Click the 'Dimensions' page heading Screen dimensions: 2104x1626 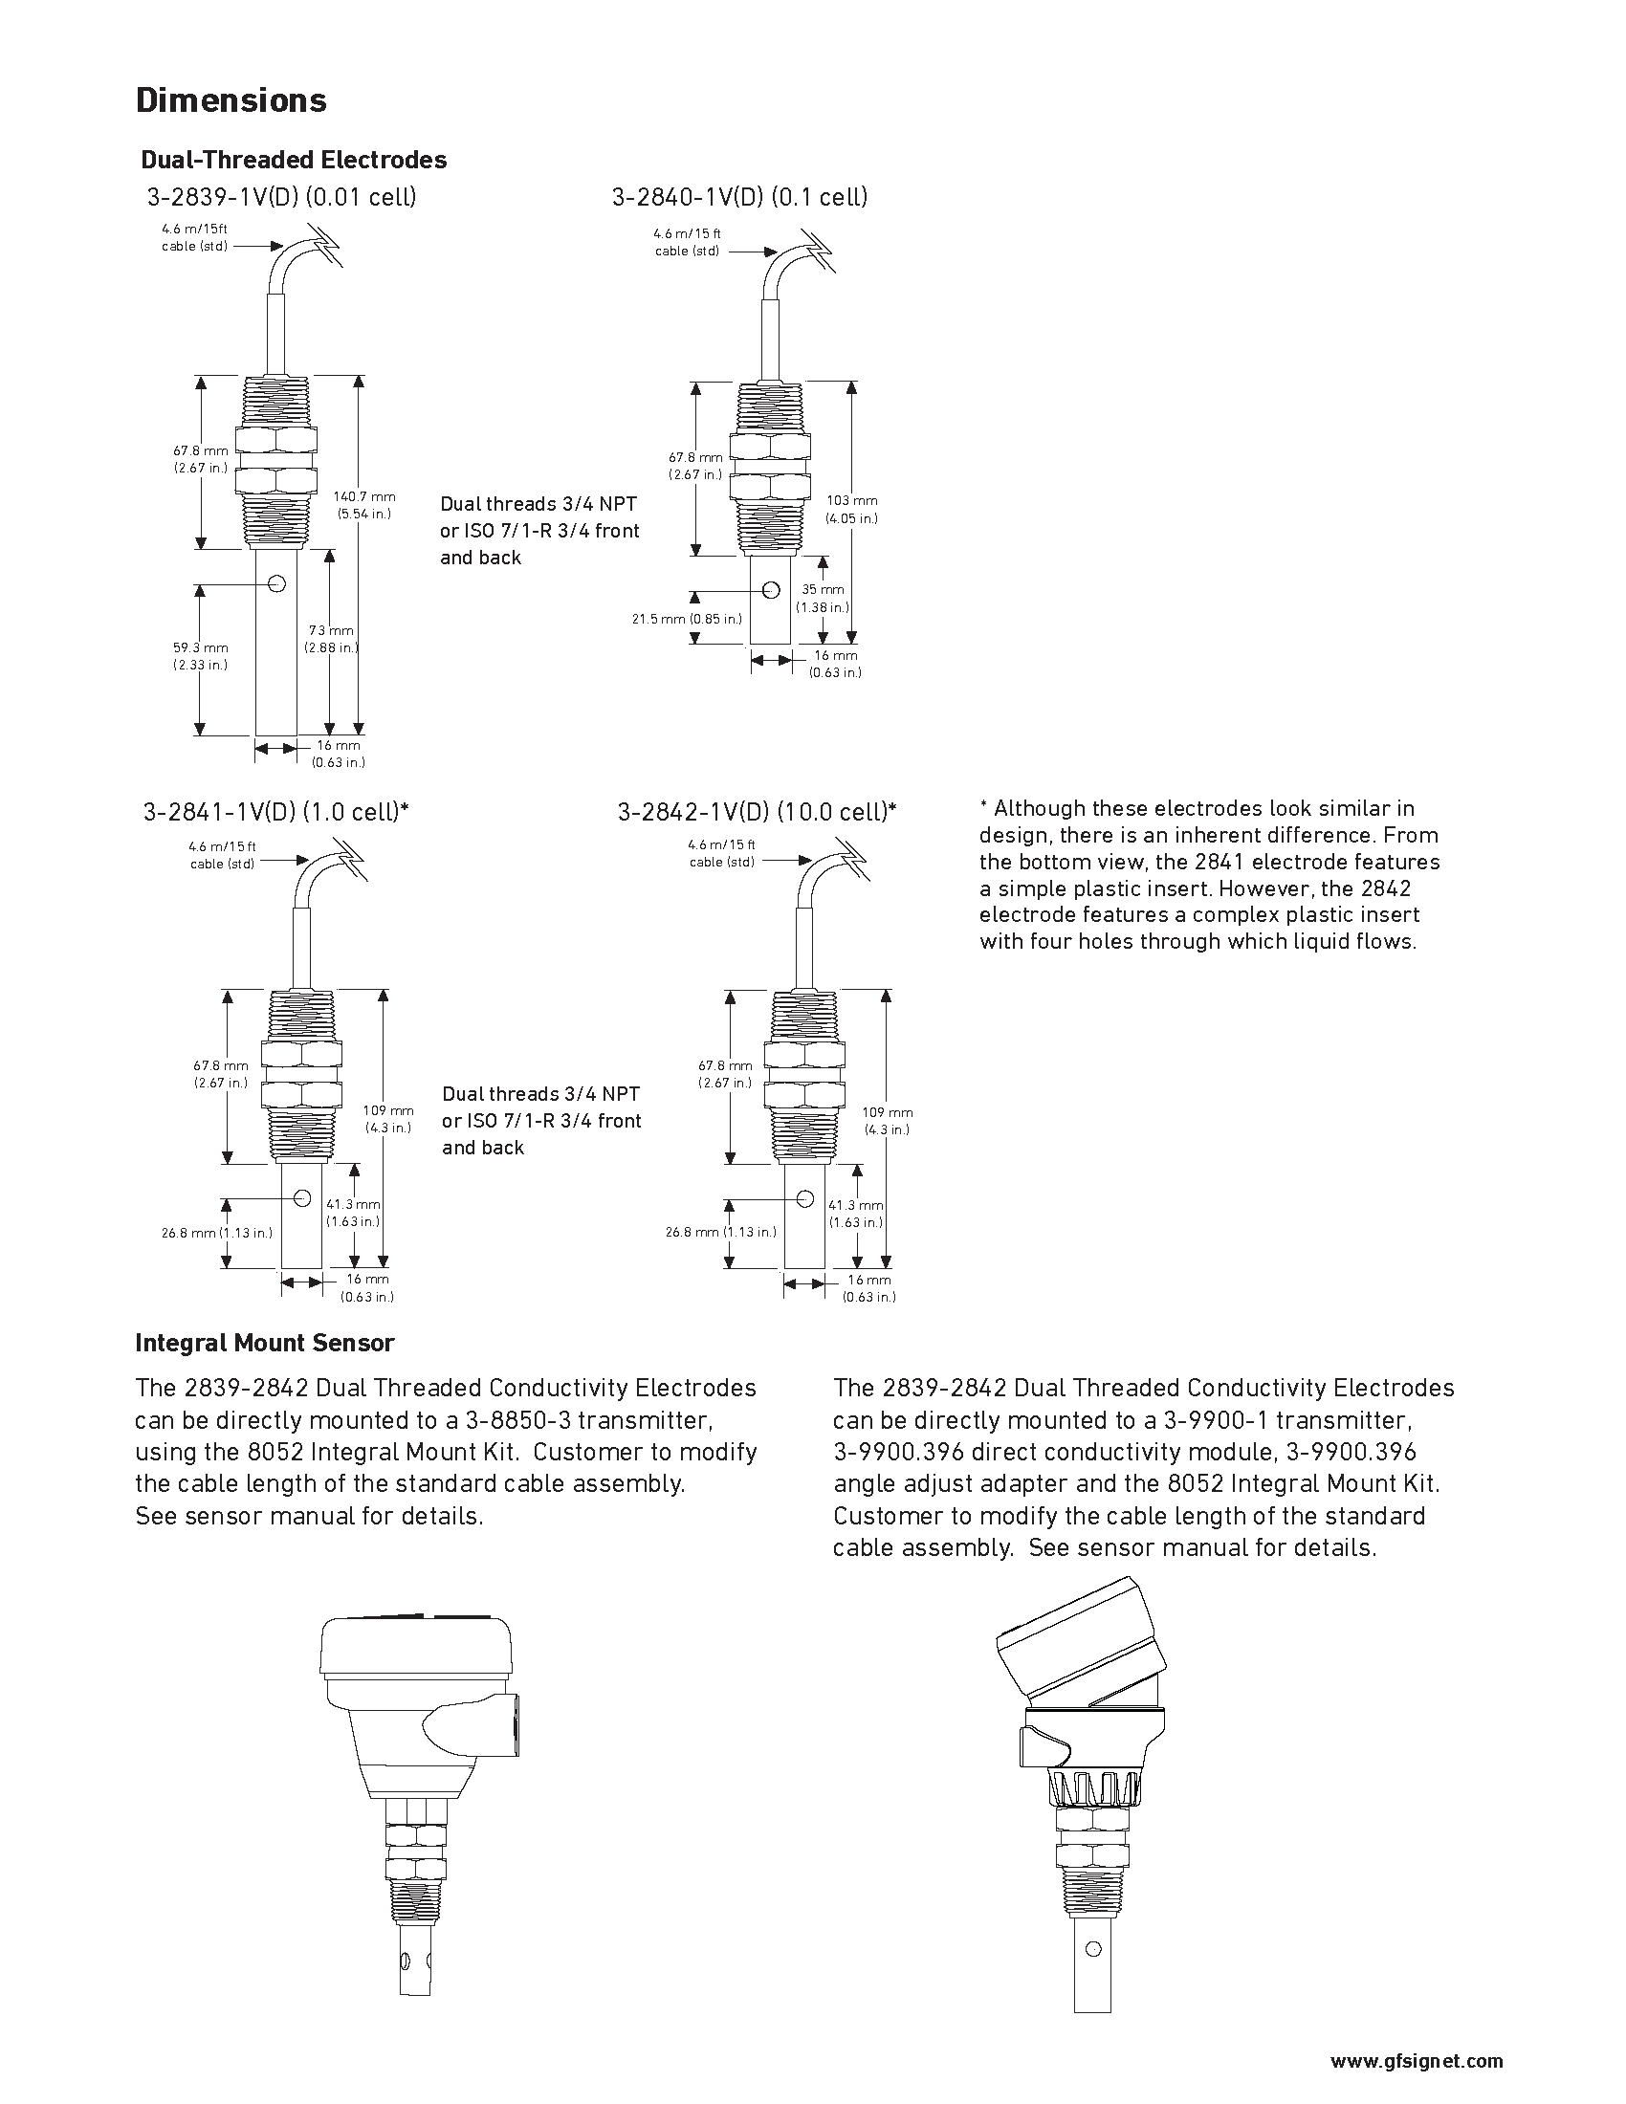tap(231, 100)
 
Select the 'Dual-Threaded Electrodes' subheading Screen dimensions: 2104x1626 tap(294, 160)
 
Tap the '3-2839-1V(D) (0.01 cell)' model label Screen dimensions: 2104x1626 tap(281, 198)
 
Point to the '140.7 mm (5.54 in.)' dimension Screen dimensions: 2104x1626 tap(364, 505)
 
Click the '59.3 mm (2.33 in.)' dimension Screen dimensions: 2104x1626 tap(200, 656)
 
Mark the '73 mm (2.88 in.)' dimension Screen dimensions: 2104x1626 tap(331, 639)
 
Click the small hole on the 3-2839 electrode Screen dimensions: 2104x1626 tap(277, 582)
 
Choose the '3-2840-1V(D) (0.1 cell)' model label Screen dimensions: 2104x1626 tap(738, 198)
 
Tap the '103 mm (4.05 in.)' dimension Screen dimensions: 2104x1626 tap(851, 509)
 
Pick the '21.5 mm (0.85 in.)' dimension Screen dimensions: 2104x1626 tap(687, 619)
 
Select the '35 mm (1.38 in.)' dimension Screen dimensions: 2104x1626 tap(823, 599)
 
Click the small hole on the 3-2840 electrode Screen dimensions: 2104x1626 tap(771, 589)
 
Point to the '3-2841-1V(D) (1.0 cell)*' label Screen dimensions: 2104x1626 tap(275, 812)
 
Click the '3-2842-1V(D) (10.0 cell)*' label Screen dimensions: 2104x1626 tap(757, 812)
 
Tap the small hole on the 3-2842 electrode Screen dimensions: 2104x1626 tap(804, 1198)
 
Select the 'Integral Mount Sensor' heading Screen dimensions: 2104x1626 tap(265, 1342)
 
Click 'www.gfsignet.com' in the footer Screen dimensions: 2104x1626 tap(1416, 2053)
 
